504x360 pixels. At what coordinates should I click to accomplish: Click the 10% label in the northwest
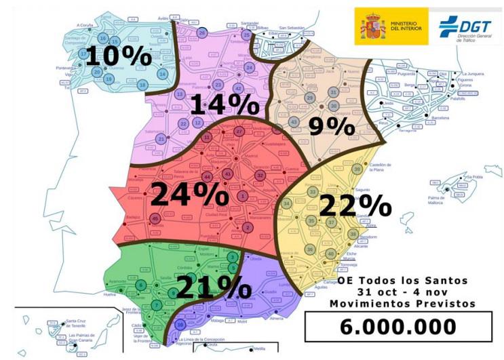pos(118,56)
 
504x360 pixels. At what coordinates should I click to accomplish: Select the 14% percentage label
pos(225,104)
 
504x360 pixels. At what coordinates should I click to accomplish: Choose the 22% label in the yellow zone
pos(354,205)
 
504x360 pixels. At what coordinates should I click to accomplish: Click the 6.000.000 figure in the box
pos(398,326)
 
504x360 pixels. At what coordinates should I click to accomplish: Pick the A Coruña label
pos(84,25)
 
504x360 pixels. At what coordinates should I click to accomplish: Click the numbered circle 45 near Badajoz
pos(155,218)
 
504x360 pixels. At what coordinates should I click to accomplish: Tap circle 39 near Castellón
pos(357,169)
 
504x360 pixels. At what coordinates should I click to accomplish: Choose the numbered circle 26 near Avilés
pos(201,33)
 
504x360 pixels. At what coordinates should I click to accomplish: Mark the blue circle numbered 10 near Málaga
pos(180,324)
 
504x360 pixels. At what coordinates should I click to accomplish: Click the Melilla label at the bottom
pos(258,348)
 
